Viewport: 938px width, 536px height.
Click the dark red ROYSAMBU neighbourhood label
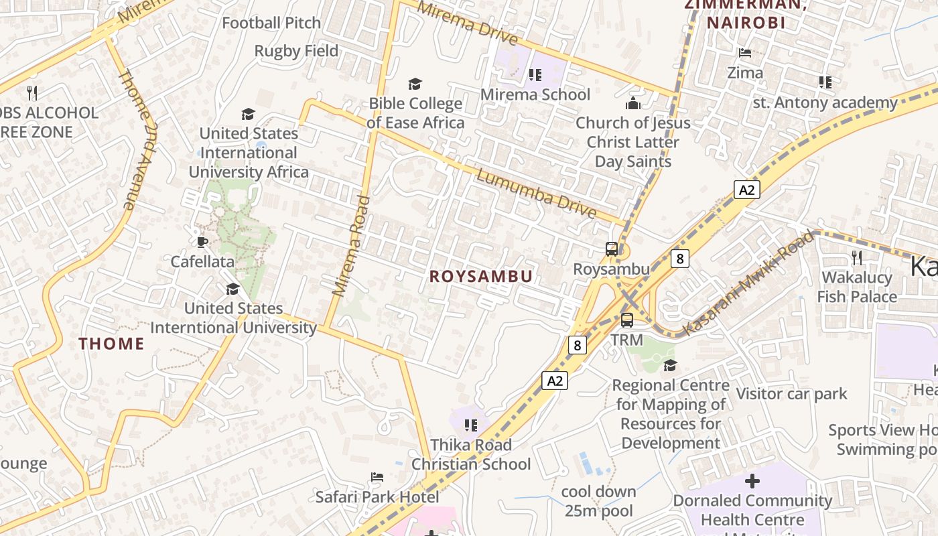(481, 277)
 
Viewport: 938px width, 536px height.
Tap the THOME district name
(111, 344)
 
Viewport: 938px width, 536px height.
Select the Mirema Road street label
(352, 246)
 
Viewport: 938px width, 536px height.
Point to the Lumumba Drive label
(536, 194)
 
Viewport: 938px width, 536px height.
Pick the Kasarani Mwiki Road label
(749, 283)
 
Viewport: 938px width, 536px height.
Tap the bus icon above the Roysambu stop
(612, 249)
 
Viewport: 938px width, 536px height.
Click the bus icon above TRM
(627, 320)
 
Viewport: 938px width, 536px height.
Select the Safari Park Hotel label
(377, 496)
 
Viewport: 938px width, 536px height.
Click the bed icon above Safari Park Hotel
(377, 477)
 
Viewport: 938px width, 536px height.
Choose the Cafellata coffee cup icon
(202, 242)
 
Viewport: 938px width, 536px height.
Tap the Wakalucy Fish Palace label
(856, 287)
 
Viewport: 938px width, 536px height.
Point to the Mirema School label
(535, 94)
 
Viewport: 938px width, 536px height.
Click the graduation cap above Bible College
(415, 84)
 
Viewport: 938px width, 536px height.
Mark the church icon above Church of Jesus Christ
(632, 103)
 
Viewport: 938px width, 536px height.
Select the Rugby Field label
(296, 51)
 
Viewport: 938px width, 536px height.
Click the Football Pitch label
(271, 23)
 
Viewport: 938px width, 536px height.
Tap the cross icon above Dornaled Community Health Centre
(752, 480)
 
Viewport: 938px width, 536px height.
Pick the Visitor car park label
(791, 393)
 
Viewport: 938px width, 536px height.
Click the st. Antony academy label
(825, 103)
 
